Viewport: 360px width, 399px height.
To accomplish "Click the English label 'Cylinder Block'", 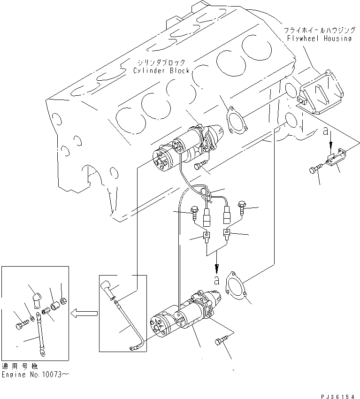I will (x=161, y=70).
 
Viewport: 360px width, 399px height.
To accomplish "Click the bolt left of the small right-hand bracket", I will (x=316, y=169).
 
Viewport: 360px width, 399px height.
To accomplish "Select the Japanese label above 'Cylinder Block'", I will (x=161, y=62).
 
